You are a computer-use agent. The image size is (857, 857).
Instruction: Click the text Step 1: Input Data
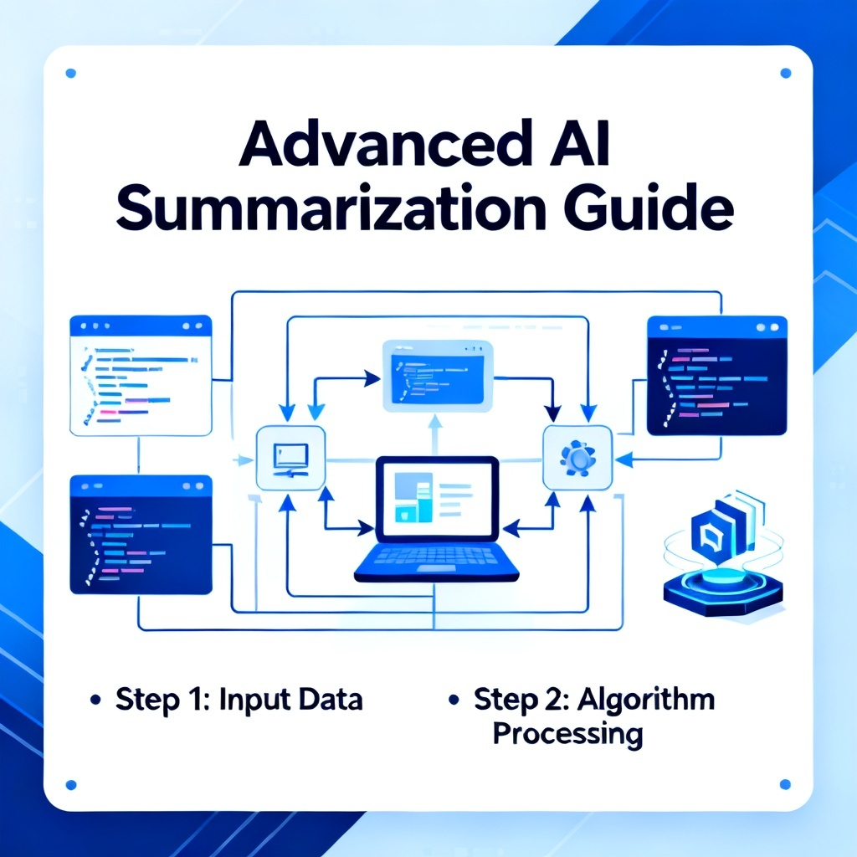[x=239, y=700]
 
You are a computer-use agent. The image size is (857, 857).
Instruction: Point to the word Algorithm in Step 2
[x=646, y=699]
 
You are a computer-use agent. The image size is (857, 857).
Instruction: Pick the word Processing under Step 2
[x=568, y=734]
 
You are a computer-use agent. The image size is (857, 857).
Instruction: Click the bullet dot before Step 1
[x=95, y=700]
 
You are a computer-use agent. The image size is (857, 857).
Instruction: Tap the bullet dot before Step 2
[x=454, y=699]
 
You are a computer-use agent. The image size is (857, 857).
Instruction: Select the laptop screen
[x=437, y=499]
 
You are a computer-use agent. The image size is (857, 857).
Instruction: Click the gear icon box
[x=577, y=458]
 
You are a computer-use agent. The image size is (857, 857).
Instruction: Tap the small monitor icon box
[x=290, y=458]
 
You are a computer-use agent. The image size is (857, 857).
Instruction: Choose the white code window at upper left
[x=141, y=376]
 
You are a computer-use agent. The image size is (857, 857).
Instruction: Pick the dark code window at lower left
[x=141, y=535]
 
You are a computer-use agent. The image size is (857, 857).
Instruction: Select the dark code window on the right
[x=717, y=376]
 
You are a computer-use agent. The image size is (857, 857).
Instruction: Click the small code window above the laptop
[x=438, y=376]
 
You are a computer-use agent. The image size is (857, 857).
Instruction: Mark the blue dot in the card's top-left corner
[x=70, y=74]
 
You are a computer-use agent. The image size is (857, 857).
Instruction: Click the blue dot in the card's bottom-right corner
[x=785, y=785]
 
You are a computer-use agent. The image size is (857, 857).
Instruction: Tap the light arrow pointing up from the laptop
[x=435, y=435]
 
